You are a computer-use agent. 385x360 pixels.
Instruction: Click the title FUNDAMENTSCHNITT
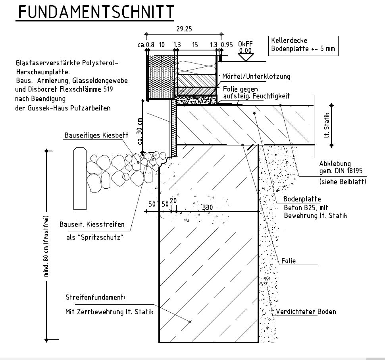[x=96, y=12]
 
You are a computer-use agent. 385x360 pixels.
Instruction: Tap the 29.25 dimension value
[x=184, y=29]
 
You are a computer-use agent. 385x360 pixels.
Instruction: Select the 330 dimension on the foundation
[x=208, y=207]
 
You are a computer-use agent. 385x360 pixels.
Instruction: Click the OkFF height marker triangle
[x=246, y=57]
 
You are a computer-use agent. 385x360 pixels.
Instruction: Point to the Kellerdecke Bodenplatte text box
[x=303, y=45]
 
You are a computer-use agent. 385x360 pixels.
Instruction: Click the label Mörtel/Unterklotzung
[x=256, y=76]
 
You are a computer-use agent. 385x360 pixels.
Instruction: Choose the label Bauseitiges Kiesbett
[x=96, y=135]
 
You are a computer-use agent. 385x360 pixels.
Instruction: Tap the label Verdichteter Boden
[x=306, y=312]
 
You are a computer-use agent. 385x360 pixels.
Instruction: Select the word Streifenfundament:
[x=96, y=297]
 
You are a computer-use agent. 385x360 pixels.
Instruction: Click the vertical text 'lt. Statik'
[x=326, y=125]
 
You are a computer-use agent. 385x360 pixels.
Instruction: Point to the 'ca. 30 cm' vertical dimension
[x=140, y=132]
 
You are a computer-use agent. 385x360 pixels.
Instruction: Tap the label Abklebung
[x=335, y=164]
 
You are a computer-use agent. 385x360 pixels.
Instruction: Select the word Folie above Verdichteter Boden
[x=289, y=261]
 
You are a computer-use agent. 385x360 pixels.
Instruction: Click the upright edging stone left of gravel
[x=80, y=179]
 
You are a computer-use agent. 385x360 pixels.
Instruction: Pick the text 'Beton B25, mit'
[x=306, y=208]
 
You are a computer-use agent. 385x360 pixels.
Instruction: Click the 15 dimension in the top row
[x=195, y=45]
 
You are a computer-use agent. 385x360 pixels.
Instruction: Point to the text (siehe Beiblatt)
[x=343, y=182]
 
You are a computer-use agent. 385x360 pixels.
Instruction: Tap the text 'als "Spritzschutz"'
[x=95, y=237]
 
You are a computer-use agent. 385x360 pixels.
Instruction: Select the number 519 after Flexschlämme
[x=108, y=89]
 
